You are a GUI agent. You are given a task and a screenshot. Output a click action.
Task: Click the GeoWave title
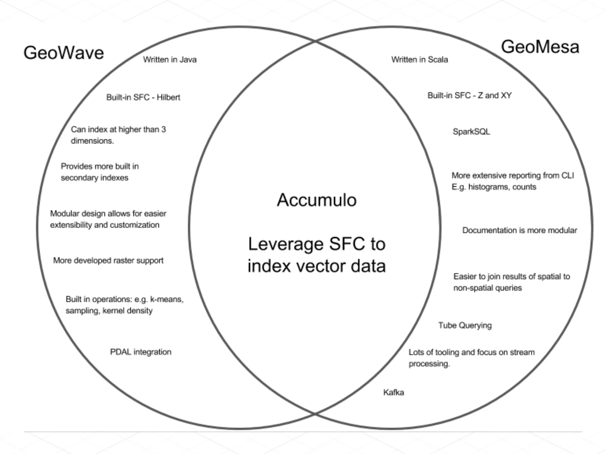pos(64,53)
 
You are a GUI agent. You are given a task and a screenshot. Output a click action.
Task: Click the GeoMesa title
pos(540,47)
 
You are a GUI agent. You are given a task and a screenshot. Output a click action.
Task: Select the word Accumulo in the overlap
pos(317,200)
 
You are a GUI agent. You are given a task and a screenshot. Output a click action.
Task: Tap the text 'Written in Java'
pos(170,60)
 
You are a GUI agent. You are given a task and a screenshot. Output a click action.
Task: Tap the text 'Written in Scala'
pos(420,60)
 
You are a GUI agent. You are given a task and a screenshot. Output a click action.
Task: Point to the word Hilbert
pos(168,97)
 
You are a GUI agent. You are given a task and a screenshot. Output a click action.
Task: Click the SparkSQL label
pos(471,132)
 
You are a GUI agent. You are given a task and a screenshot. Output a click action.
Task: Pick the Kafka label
pos(394,392)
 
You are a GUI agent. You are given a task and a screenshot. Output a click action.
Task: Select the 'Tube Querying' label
pos(465,325)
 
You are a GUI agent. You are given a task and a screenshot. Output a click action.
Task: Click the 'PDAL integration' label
pos(141,352)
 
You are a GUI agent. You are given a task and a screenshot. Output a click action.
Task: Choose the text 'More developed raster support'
pos(108,260)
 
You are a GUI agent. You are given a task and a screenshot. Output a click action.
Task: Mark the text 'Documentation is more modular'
pos(520,230)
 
